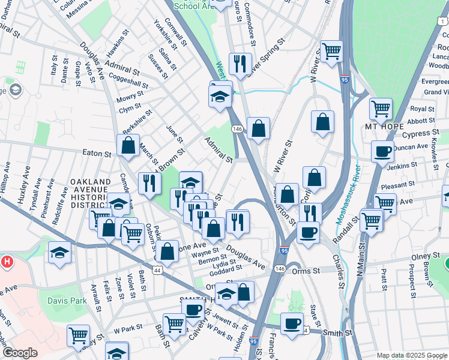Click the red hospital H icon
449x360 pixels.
[7, 262]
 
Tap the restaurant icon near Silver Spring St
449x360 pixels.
[240, 63]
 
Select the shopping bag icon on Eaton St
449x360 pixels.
[128, 145]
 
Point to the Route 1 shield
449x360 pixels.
[444, 20]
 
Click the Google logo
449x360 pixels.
[20, 353]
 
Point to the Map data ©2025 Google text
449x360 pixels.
[411, 355]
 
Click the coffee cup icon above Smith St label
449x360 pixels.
[292, 323]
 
